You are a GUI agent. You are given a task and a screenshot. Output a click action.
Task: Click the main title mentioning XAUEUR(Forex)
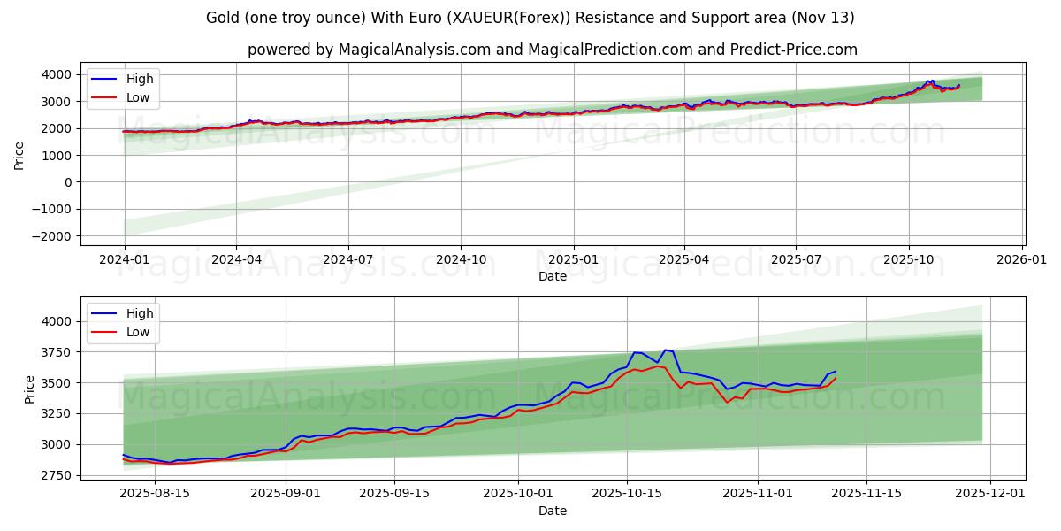530,18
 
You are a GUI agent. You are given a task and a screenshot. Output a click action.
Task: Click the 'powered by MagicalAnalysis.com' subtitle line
553,50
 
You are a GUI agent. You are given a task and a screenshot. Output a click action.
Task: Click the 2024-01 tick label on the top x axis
125,260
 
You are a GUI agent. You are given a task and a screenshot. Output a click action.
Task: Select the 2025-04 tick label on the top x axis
684,260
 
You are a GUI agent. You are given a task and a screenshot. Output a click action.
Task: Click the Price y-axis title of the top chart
19,155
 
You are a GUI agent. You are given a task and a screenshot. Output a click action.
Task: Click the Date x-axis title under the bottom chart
553,511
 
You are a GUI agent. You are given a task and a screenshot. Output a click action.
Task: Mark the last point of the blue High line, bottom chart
836,372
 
